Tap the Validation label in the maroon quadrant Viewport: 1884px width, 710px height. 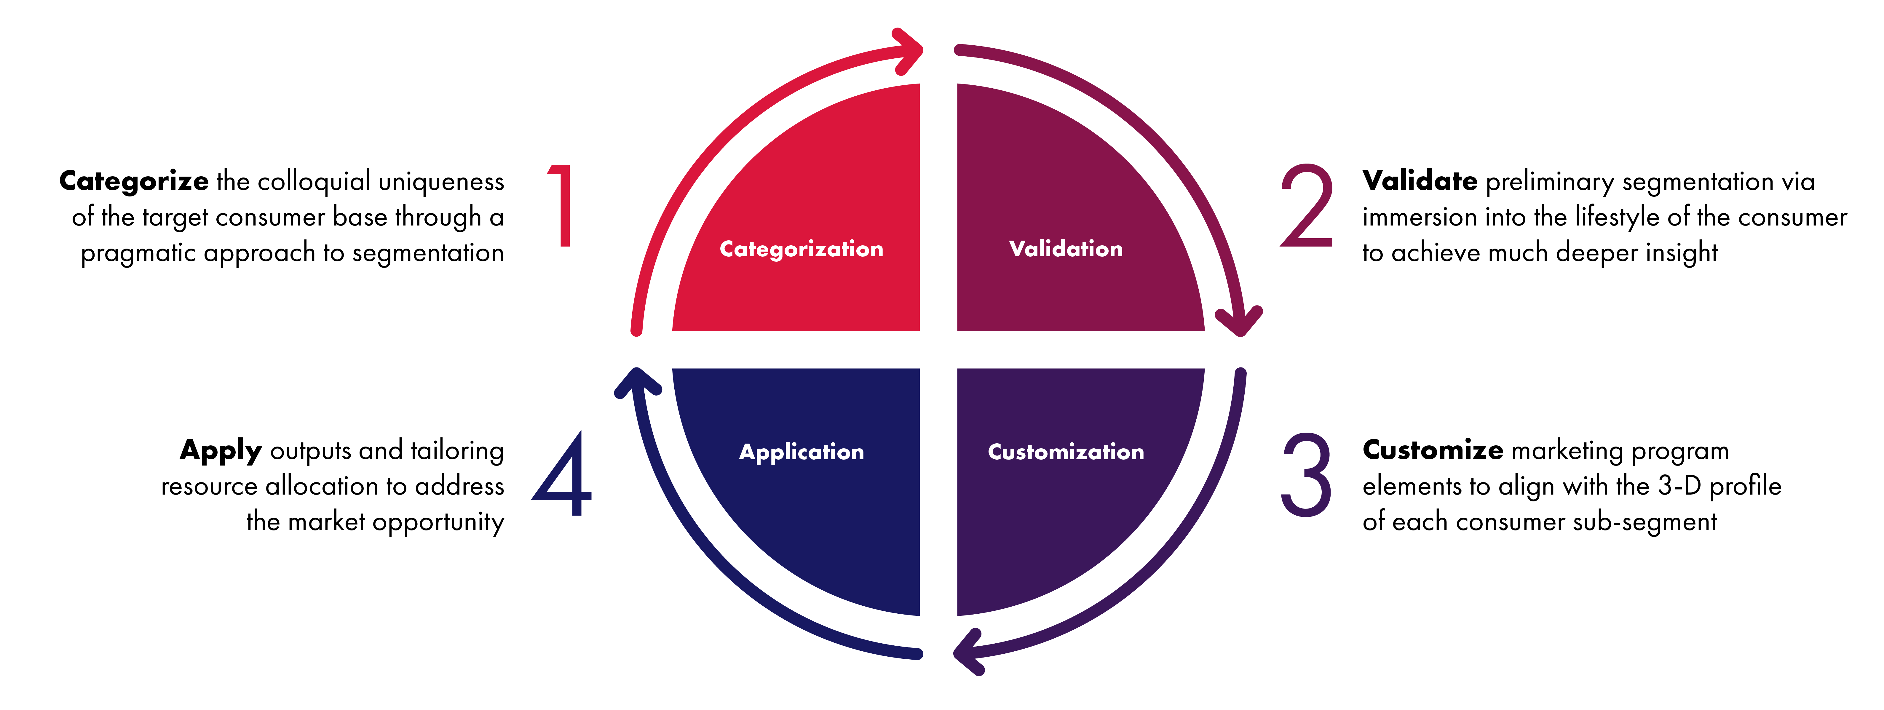[x=1066, y=249]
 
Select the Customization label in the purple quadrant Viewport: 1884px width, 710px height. [x=1066, y=452]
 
